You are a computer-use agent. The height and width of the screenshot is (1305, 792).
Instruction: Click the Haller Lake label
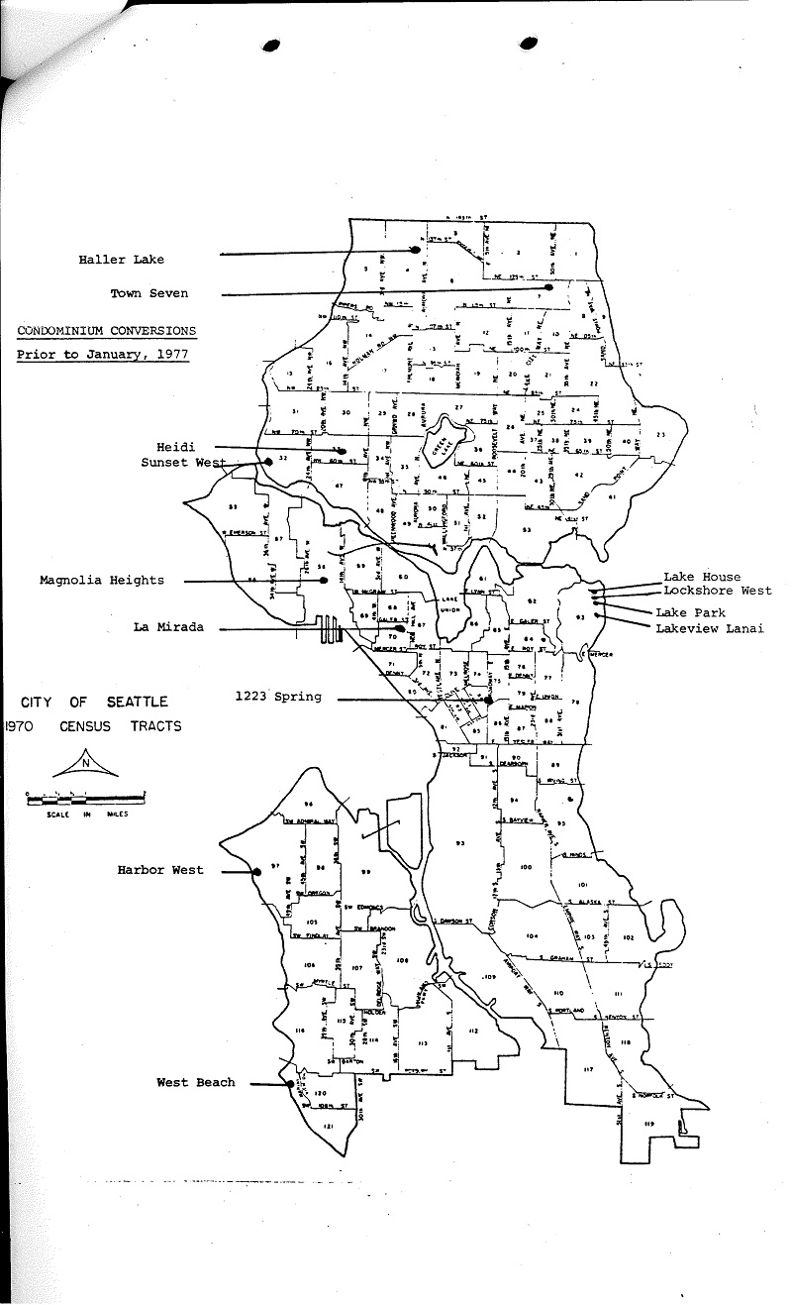click(x=122, y=260)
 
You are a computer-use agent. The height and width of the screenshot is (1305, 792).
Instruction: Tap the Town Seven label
click(x=148, y=293)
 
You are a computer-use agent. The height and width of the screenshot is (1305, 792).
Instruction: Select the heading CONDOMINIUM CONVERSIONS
click(x=106, y=331)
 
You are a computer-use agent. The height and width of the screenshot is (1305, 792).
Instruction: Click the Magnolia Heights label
click(x=102, y=581)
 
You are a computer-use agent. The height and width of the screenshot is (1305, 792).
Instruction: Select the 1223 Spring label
click(x=278, y=697)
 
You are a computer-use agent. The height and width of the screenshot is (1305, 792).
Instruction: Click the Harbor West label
click(x=160, y=870)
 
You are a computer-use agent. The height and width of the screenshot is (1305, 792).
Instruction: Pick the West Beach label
click(x=196, y=1082)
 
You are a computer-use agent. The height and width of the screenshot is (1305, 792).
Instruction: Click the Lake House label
click(x=702, y=577)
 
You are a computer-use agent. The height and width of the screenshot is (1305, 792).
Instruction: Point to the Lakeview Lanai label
click(x=708, y=628)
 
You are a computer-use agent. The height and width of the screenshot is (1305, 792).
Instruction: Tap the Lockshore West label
click(x=716, y=591)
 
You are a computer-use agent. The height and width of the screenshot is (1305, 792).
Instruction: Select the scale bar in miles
click(x=86, y=794)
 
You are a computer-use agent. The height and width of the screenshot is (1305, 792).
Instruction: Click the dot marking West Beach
click(x=289, y=1083)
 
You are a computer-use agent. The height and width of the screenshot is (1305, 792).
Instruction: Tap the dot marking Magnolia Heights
click(x=324, y=580)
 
